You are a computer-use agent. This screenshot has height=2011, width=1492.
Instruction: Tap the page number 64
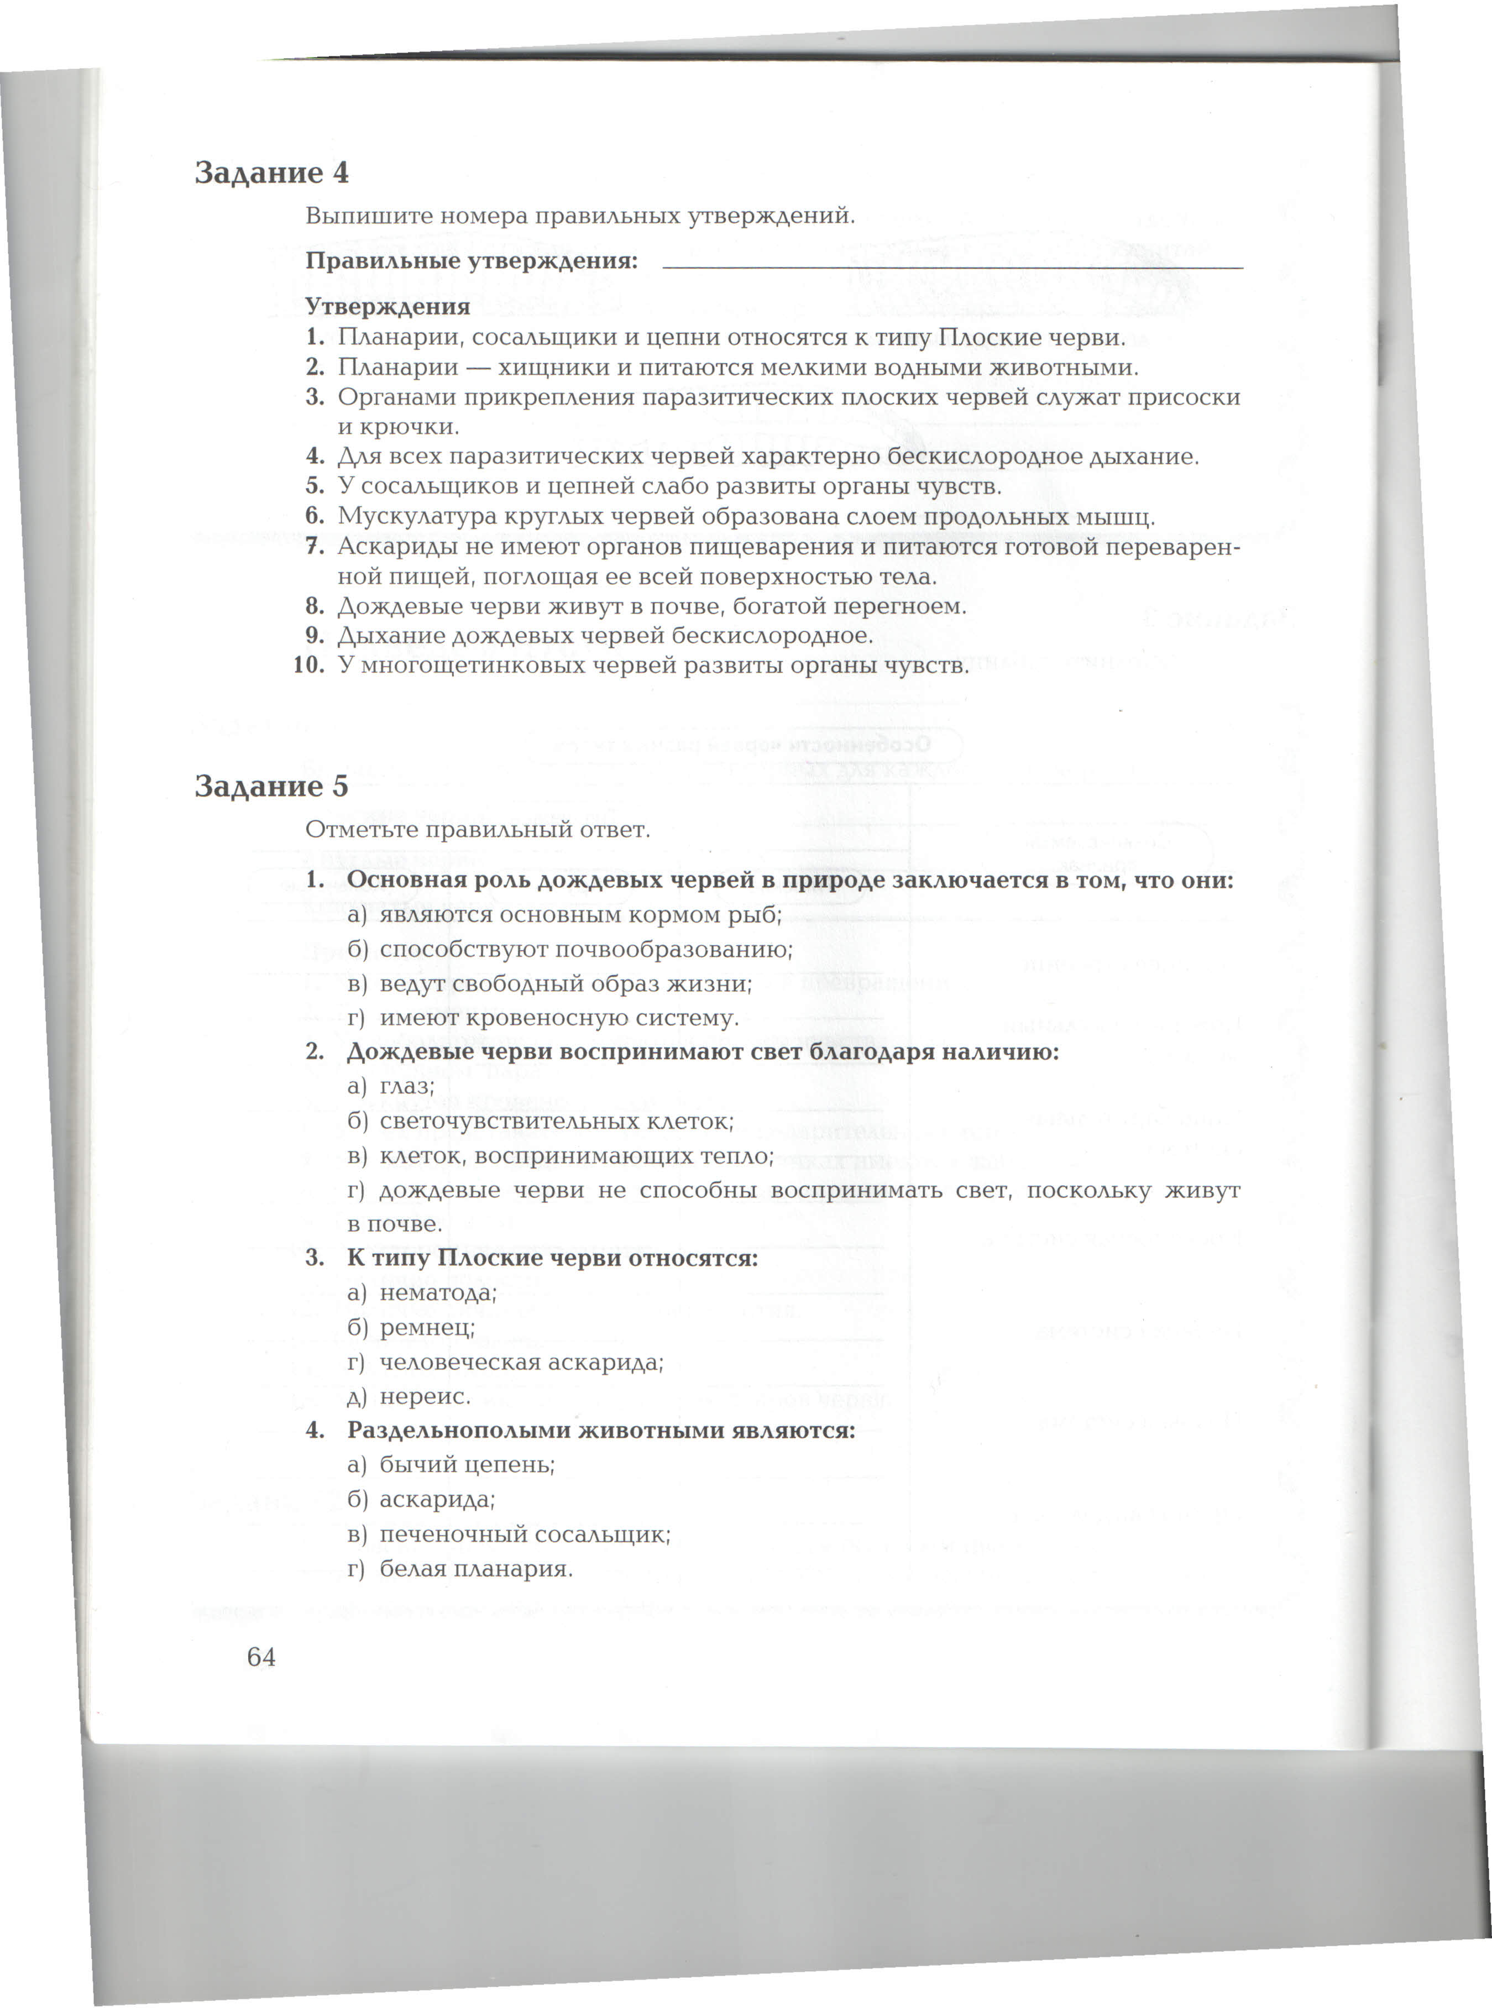pos(261,1657)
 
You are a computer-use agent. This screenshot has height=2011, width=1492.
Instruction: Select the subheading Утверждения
pos(388,307)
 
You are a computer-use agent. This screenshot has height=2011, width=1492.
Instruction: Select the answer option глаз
pos(406,1086)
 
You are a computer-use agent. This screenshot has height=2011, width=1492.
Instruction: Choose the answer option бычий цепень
pos(466,1465)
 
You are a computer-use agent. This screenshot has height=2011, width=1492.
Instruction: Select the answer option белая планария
pos(475,1569)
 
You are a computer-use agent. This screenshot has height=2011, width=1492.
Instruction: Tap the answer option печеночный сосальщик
pos(524,1534)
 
